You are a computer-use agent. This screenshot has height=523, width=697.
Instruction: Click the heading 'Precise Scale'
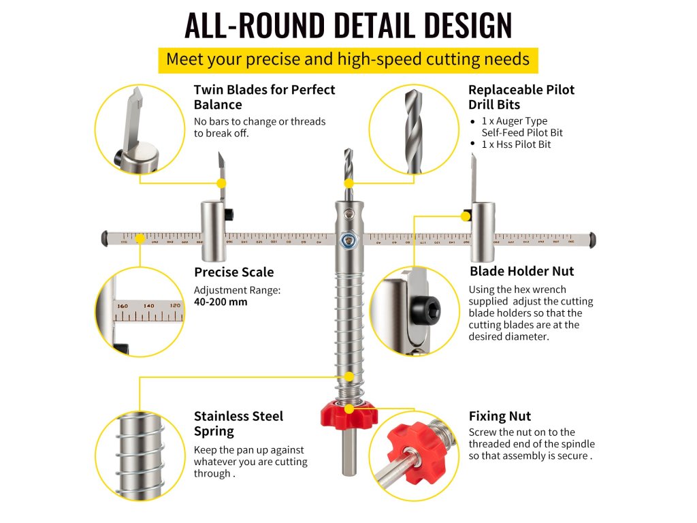click(x=233, y=272)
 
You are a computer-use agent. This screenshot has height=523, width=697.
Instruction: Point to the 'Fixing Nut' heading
click(x=500, y=416)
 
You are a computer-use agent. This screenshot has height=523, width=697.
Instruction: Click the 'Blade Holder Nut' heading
click(x=521, y=271)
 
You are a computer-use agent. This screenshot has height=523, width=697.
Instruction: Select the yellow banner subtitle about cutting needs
click(x=348, y=59)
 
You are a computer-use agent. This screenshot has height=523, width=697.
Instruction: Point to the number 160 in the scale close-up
click(x=123, y=306)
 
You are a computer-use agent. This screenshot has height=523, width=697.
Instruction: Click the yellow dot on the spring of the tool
click(x=348, y=377)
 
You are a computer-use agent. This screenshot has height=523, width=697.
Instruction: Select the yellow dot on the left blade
click(x=221, y=183)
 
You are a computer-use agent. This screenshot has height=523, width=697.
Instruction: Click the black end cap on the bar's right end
click(x=592, y=239)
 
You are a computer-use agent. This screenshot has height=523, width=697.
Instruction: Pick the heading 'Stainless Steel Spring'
click(x=238, y=424)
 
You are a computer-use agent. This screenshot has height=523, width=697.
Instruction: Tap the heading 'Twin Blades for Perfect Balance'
click(x=264, y=97)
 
